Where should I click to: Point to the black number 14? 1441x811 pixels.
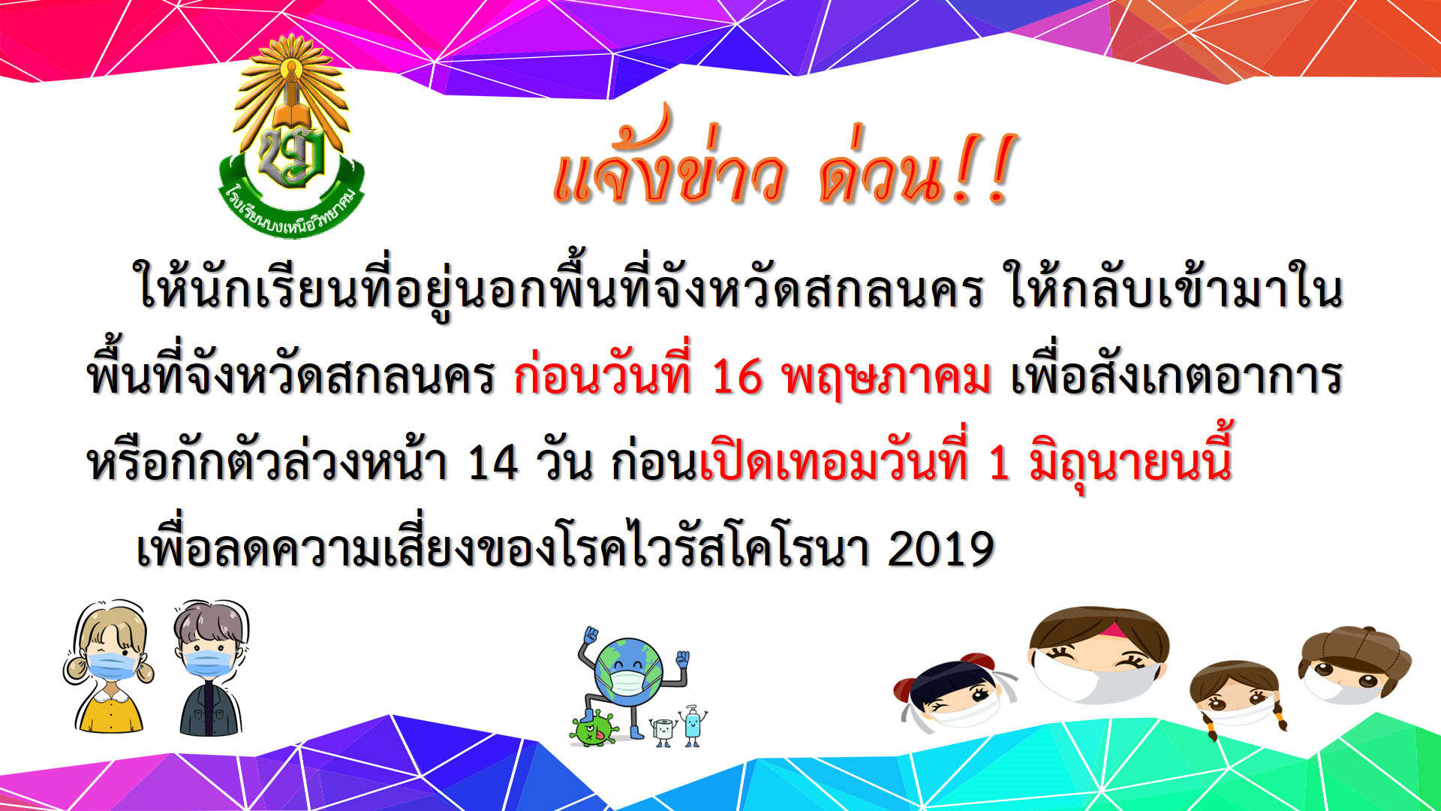[492, 462]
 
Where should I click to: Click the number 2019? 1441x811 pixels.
[941, 549]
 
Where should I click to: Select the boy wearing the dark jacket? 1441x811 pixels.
[210, 668]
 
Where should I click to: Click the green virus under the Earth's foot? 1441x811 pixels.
[594, 727]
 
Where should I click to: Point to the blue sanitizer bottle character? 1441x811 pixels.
[693, 725]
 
